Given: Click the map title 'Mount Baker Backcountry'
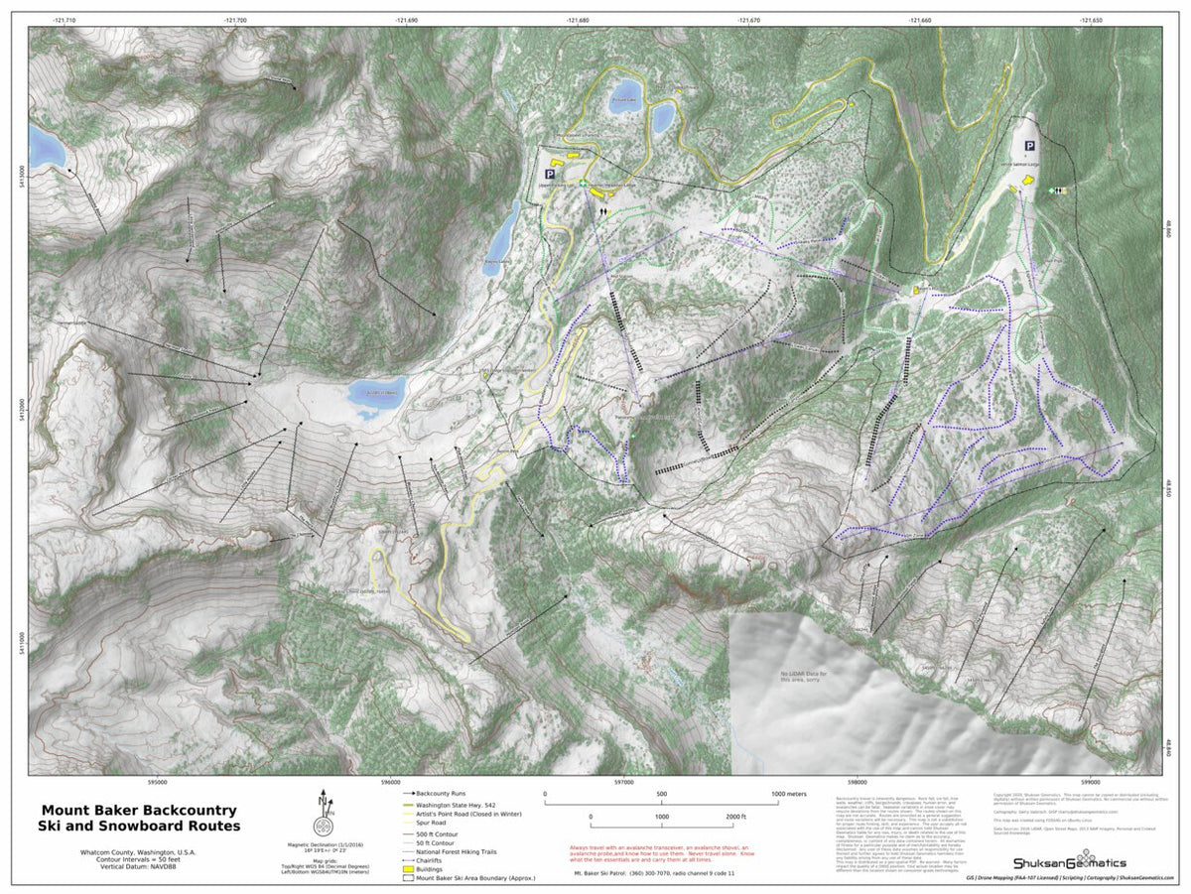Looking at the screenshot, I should pos(138,810).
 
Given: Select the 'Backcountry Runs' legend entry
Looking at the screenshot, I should pos(442,794).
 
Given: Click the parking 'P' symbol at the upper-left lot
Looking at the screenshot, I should pos(549,173).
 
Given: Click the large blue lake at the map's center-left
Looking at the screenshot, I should pos(376,396).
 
